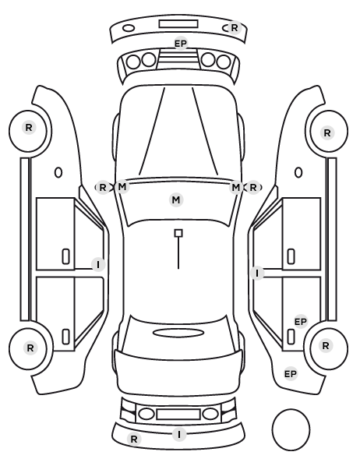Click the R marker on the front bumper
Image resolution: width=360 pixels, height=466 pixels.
(x=235, y=27)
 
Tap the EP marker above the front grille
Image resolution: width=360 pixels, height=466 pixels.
(x=181, y=44)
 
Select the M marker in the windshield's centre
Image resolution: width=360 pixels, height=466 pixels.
(x=176, y=199)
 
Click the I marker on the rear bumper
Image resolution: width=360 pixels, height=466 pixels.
(x=179, y=435)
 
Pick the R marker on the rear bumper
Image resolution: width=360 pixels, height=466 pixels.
(x=134, y=439)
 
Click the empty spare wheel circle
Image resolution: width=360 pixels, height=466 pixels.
(x=291, y=429)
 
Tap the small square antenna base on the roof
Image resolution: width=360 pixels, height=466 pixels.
(x=178, y=233)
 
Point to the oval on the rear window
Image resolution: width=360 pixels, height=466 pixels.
(x=178, y=333)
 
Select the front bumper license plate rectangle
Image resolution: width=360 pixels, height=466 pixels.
(x=178, y=24)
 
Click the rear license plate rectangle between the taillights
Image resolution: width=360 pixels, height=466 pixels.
(x=178, y=414)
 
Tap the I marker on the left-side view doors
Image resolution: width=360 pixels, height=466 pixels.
(x=98, y=264)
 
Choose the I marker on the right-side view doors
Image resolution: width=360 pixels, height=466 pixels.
(x=257, y=273)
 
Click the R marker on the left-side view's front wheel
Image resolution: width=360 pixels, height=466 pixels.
(x=29, y=128)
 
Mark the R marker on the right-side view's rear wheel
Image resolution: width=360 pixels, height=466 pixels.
(x=326, y=346)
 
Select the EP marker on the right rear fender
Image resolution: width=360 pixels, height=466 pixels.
(x=291, y=373)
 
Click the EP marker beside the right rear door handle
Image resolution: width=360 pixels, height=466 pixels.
(x=300, y=322)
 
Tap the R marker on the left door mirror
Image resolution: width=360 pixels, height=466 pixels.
(x=103, y=188)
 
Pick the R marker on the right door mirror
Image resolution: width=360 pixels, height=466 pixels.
(x=253, y=188)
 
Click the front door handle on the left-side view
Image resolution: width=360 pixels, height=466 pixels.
(x=65, y=256)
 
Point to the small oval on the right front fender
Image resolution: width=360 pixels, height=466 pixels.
(x=298, y=172)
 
